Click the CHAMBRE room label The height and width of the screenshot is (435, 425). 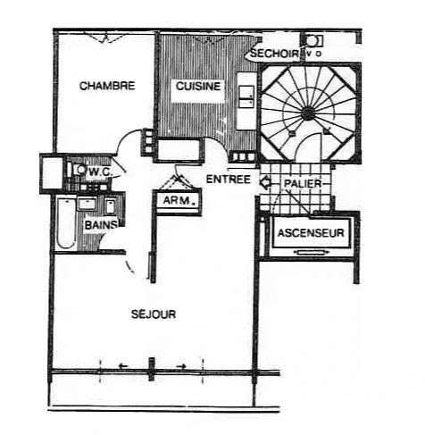[107, 87]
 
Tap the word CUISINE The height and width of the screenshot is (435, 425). [194, 87]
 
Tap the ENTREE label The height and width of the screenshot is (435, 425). [228, 179]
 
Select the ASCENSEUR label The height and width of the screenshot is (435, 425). [310, 234]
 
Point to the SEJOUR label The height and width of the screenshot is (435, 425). [154, 314]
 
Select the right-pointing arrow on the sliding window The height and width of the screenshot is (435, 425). [181, 365]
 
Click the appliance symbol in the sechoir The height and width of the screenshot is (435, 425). [313, 40]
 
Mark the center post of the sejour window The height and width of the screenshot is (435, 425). [152, 366]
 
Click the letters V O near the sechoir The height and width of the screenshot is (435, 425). [312, 54]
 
